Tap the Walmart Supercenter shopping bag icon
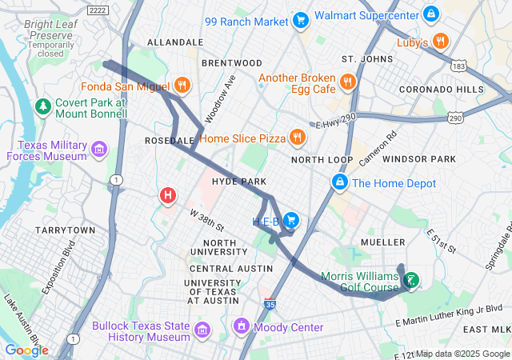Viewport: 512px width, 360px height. (x=430, y=14)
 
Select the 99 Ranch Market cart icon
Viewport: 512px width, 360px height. (x=301, y=20)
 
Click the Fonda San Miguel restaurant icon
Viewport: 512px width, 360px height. (x=182, y=86)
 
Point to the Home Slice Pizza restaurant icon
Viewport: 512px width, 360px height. (x=298, y=138)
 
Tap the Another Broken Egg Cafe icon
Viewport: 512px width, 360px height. (x=347, y=82)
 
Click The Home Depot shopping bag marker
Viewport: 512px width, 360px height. (x=340, y=183)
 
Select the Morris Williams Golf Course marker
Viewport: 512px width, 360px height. (x=411, y=281)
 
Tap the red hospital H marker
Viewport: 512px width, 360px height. (x=168, y=194)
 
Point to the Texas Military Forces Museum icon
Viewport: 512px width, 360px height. (x=99, y=149)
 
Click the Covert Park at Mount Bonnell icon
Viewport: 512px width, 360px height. (x=43, y=106)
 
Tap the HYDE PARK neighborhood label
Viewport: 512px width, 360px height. (x=238, y=182)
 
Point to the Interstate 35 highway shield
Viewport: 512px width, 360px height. (x=270, y=304)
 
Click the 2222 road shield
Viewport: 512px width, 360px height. (x=98, y=9)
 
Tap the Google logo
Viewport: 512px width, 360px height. (x=26, y=350)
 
